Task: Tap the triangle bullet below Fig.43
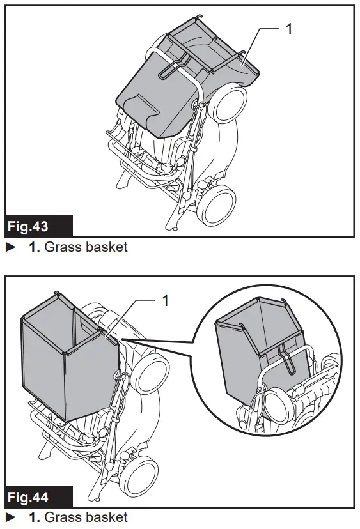coord(10,247)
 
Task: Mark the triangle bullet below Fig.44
coord(10,516)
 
